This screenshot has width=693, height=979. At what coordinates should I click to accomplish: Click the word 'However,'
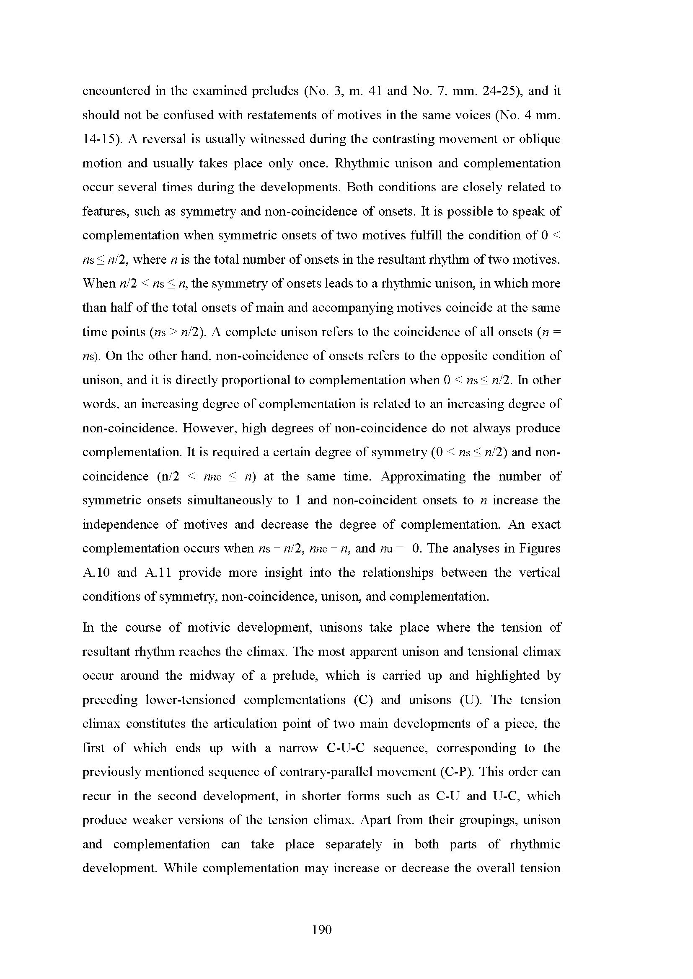click(x=209, y=429)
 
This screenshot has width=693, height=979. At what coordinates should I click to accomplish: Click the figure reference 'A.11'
click(x=158, y=573)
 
